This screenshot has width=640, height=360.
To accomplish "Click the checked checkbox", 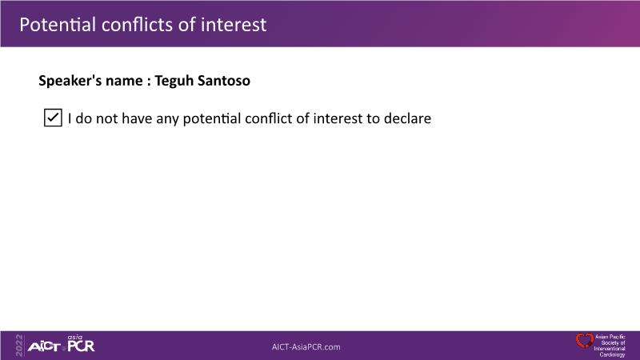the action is point(53,118).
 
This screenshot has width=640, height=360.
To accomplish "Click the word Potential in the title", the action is point(58,25).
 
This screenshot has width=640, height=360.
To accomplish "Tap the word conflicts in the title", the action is point(137,25).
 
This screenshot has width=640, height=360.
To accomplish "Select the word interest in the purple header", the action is point(234,25).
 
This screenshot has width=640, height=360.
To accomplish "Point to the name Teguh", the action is point(174,82).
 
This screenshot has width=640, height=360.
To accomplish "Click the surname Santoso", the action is point(224,81).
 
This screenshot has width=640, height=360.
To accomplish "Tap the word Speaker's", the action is point(70,82).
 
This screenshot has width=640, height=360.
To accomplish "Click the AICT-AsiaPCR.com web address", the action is point(306,347).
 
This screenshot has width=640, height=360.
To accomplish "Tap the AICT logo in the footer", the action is point(44,347).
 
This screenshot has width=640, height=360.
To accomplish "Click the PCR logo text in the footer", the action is point(81,346).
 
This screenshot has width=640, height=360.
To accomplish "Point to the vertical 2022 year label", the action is point(19,346).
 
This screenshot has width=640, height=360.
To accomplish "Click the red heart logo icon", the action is point(585,341).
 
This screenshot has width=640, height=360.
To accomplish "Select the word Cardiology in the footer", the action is point(612,354).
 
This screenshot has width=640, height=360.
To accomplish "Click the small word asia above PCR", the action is point(74,337).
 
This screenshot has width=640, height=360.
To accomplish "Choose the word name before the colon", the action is point(124,82).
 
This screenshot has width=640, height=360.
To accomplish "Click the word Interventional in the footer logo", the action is point(610,349).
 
